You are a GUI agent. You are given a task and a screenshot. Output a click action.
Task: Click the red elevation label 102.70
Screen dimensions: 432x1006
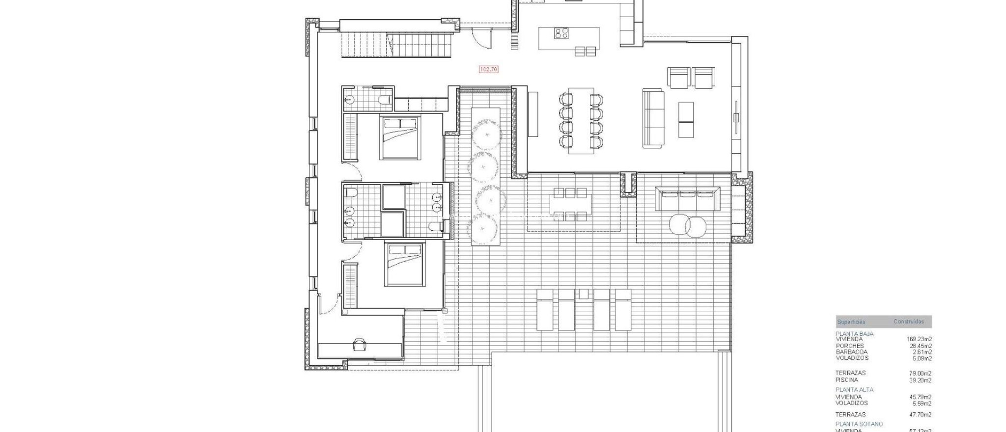(x=488, y=70)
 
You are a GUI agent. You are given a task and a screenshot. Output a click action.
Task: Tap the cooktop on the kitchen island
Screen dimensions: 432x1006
(x=561, y=33)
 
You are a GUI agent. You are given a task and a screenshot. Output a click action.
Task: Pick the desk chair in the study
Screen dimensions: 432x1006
(x=360, y=345)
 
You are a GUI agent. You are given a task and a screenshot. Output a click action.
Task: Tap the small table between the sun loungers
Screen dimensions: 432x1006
(x=583, y=294)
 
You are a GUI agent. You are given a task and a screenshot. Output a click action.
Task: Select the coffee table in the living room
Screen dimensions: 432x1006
(x=686, y=120)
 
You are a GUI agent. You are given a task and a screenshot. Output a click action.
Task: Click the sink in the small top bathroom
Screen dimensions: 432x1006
(x=349, y=100)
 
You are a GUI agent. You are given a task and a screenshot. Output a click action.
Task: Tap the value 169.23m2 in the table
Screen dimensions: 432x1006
(x=919, y=339)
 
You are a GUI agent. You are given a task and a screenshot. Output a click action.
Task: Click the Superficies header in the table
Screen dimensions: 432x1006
(x=851, y=322)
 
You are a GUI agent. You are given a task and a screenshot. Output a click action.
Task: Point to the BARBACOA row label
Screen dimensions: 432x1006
(x=851, y=352)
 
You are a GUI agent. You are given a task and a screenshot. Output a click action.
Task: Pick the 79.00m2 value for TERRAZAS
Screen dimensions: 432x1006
(x=920, y=374)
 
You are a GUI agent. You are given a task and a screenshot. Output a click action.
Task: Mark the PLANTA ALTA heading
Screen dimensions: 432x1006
(x=855, y=390)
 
